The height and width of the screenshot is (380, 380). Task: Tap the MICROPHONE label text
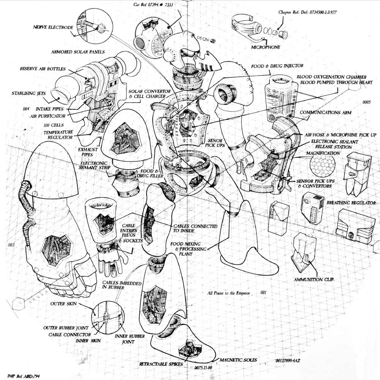(266, 47)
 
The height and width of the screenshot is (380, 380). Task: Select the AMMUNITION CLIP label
(313, 280)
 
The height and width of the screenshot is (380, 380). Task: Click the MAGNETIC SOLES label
(238, 360)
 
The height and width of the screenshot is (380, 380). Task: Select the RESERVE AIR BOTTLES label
(43, 69)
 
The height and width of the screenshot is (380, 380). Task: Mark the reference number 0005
(366, 102)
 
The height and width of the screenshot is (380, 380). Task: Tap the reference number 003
(11, 245)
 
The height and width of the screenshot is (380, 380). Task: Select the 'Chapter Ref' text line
(308, 12)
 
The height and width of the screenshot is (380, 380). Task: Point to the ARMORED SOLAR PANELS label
(78, 51)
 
